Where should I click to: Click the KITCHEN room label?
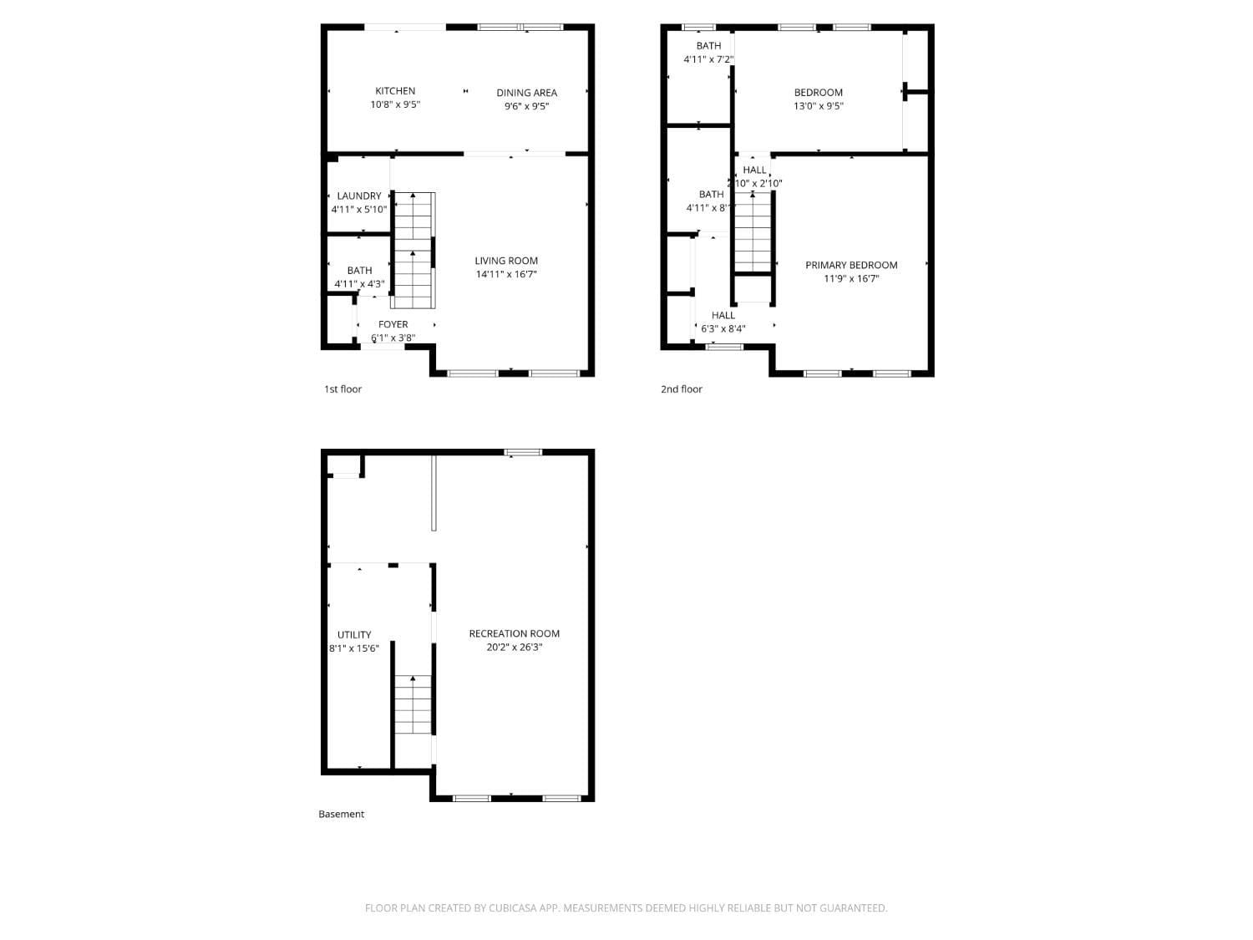tap(395, 91)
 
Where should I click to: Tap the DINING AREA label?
tap(526, 93)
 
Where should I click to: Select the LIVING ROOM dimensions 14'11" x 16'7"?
tap(506, 274)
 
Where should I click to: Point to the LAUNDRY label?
tap(359, 196)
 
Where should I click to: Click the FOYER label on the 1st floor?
tap(393, 324)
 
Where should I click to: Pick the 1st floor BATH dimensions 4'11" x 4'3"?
tap(359, 284)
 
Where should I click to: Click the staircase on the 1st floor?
tap(413, 251)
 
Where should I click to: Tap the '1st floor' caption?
tap(342, 389)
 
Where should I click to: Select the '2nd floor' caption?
tap(682, 389)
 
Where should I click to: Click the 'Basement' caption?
tap(341, 814)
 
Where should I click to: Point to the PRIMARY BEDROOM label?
tap(851, 265)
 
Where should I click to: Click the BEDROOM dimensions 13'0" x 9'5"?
tap(818, 106)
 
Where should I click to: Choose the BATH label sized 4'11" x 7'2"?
tap(708, 46)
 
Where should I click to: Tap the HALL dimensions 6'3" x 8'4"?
tap(723, 328)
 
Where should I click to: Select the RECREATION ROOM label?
tap(514, 633)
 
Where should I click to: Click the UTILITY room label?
tap(354, 634)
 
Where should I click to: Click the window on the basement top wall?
tap(523, 452)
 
